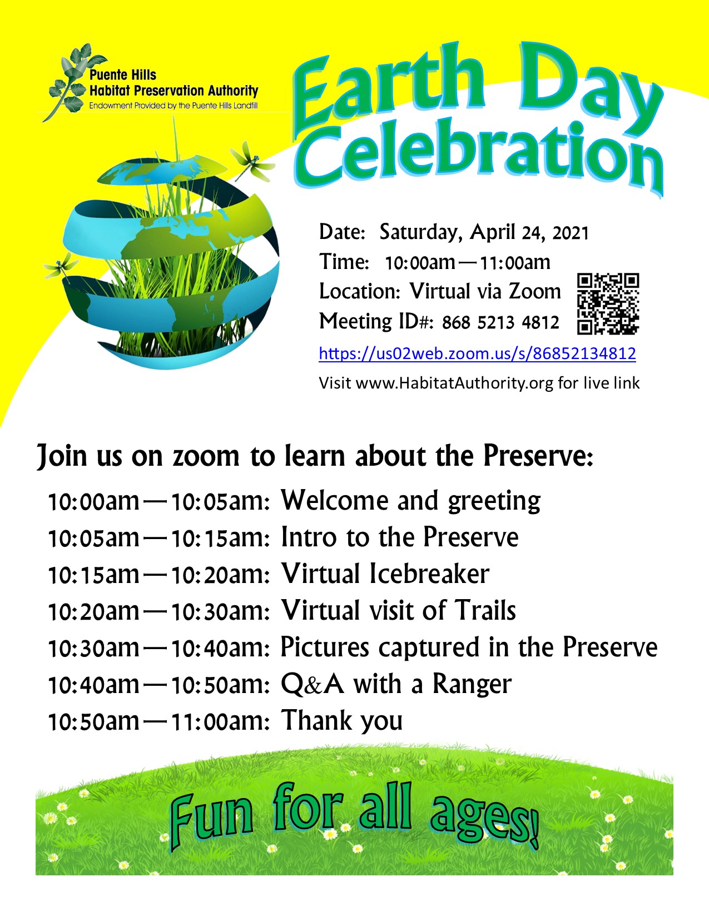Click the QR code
[x=608, y=304]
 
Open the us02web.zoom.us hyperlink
[x=477, y=353]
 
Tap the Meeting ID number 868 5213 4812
[x=500, y=323]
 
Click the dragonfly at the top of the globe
[x=252, y=163]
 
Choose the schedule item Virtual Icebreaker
[x=385, y=574]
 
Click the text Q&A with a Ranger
[x=396, y=684]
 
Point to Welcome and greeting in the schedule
[x=410, y=501]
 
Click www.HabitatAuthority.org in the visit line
[x=454, y=383]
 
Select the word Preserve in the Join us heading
[x=538, y=456]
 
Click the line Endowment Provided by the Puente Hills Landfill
[x=173, y=106]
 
